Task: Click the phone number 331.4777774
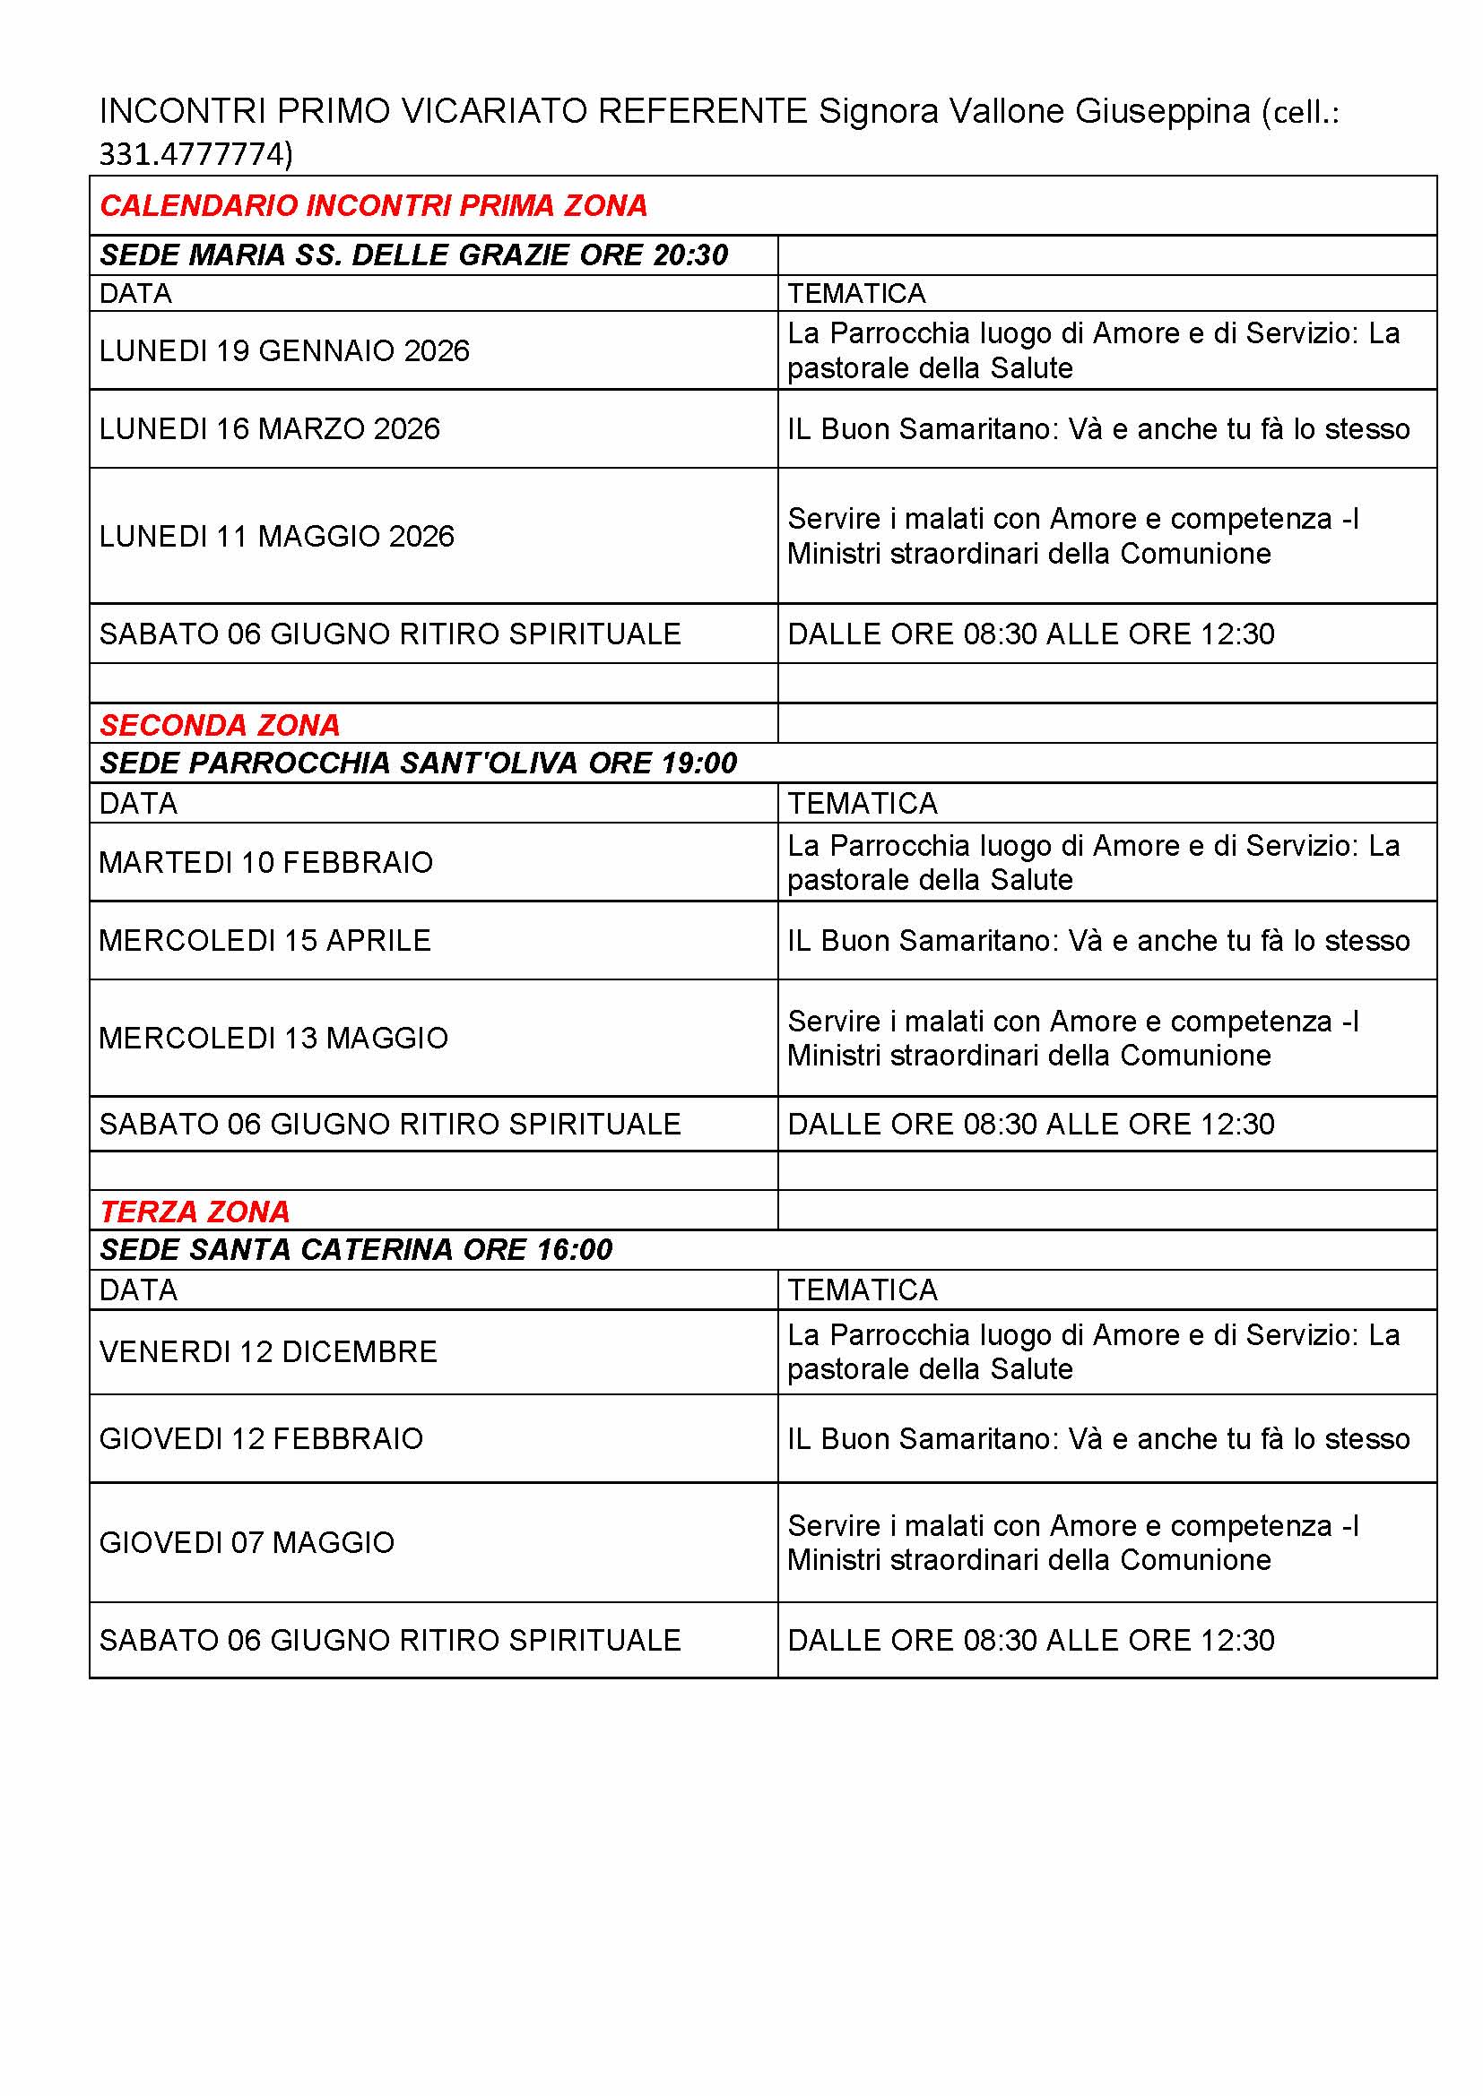[x=195, y=154]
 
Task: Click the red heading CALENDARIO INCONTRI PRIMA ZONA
[x=374, y=205]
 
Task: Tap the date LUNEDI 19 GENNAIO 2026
[x=284, y=350]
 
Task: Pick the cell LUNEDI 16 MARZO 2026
[x=269, y=429]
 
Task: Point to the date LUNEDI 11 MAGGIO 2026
[x=277, y=536]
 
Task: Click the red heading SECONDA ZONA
[x=220, y=725]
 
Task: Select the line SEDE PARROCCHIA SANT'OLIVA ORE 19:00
[x=418, y=763]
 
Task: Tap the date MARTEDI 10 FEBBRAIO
[x=265, y=863]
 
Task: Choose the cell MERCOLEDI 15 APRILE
[x=265, y=941]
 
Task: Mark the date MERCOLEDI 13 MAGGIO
[x=274, y=1038]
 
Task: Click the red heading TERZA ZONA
[x=195, y=1212]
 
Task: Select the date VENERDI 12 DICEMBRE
[x=268, y=1352]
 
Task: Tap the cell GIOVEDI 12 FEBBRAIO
[x=261, y=1439]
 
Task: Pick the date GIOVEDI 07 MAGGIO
[x=247, y=1543]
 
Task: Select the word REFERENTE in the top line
[x=702, y=111]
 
